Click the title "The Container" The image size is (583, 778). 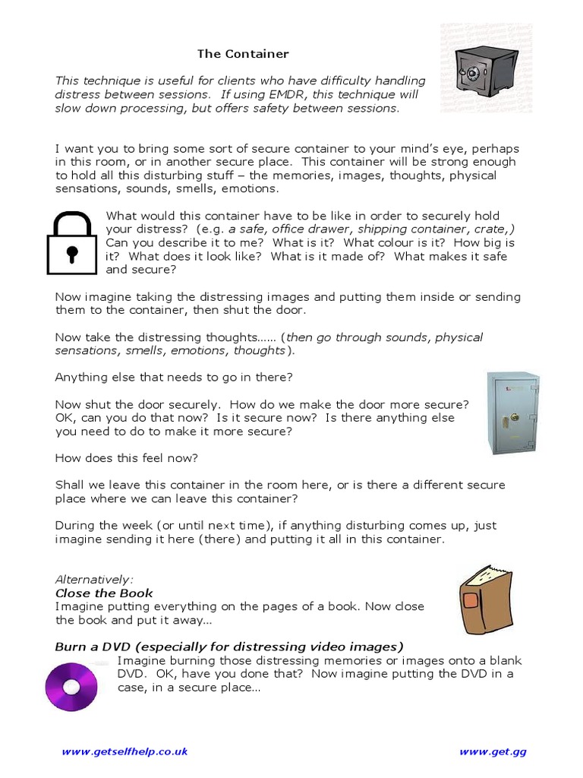[243, 54]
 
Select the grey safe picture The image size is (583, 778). [513, 413]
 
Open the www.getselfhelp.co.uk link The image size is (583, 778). [124, 752]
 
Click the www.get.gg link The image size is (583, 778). [493, 752]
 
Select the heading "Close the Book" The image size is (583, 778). [104, 593]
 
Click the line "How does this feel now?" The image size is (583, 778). [127, 458]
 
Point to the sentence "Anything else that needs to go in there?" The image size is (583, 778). [174, 377]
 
